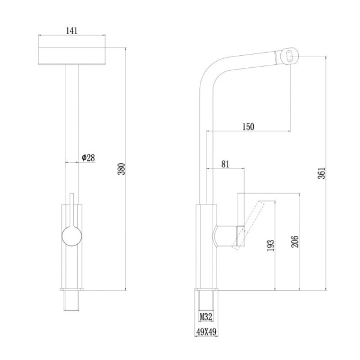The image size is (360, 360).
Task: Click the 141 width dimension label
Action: coord(71,31)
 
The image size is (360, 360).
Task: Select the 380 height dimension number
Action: coord(121,169)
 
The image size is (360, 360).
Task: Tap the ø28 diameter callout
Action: coord(88,158)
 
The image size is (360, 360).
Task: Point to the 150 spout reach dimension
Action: coord(248,127)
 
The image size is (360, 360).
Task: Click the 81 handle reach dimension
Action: coord(225,164)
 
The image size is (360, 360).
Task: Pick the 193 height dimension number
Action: coord(271,245)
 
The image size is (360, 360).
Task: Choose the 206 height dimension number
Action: coord(295,242)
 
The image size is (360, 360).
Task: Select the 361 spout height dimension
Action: coord(322,173)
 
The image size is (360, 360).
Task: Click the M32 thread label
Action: coord(206,317)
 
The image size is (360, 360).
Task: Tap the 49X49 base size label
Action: coord(206,332)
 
